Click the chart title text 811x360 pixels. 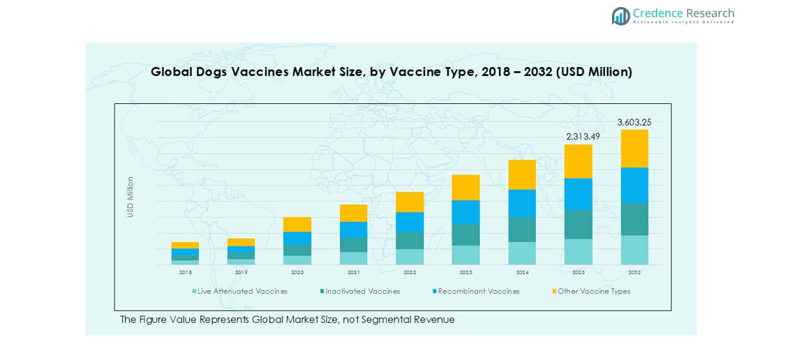392,72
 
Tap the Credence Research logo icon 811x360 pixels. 620,15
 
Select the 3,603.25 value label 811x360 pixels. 634,122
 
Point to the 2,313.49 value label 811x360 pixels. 578,137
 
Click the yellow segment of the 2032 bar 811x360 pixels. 634,149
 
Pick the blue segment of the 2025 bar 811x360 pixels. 578,194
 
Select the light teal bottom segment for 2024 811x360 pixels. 522,253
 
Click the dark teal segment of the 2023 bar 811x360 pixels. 466,234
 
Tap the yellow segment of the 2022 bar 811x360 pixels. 410,202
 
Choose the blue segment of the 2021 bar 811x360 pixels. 354,230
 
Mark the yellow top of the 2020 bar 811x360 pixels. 297,224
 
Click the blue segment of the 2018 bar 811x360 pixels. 185,252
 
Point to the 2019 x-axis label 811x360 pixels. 241,272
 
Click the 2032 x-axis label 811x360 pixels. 634,272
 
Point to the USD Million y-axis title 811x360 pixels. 130,196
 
